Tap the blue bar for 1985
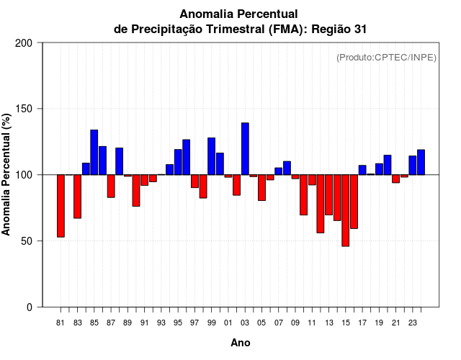(x=94, y=152)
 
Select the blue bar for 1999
(x=212, y=156)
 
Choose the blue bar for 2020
(x=388, y=165)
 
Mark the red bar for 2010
(x=304, y=194)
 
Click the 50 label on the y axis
(x=27, y=240)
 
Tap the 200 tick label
(x=24, y=43)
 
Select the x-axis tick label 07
(x=279, y=323)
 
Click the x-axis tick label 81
(x=61, y=323)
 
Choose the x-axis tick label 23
(x=412, y=323)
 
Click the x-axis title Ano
(x=241, y=343)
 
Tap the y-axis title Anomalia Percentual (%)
(x=7, y=174)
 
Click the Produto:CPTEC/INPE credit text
(x=386, y=58)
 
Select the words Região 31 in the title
(x=346, y=29)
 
